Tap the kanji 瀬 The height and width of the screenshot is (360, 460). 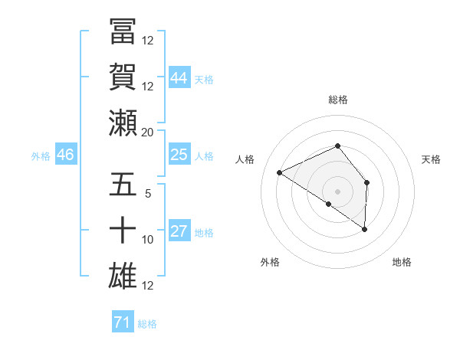pyautogui.click(x=123, y=123)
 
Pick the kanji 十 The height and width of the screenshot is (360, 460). pyautogui.click(x=123, y=231)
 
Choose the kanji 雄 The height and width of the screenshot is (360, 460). pyautogui.click(x=123, y=276)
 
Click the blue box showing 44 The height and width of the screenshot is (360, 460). pyautogui.click(x=179, y=77)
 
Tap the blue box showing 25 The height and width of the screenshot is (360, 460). pyautogui.click(x=179, y=155)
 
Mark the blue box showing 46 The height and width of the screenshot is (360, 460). pyautogui.click(x=66, y=155)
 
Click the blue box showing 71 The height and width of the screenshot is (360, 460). pyautogui.click(x=122, y=322)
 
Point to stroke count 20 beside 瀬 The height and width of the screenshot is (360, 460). pyautogui.click(x=148, y=132)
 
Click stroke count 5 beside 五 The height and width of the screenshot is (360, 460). pyautogui.click(x=148, y=194)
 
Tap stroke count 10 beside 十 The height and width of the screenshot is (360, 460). pyautogui.click(x=148, y=240)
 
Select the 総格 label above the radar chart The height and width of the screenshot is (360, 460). pyautogui.click(x=338, y=100)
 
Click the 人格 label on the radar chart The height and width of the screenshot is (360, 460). pyautogui.click(x=245, y=159)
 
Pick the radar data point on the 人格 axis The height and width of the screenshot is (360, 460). pyautogui.click(x=280, y=173)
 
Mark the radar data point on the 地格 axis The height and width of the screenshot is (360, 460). pyautogui.click(x=365, y=229)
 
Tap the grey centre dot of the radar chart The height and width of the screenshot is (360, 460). pyautogui.click(x=338, y=191)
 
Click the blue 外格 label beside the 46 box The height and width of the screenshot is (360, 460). pyautogui.click(x=41, y=155)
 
